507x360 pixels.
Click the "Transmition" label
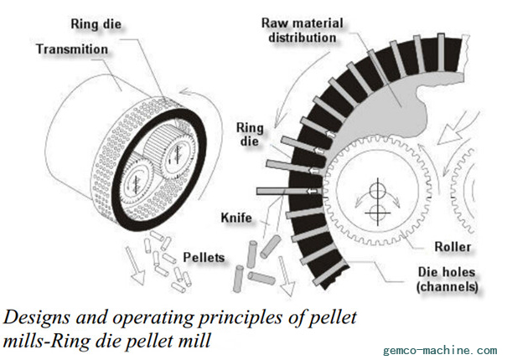[x=71, y=49]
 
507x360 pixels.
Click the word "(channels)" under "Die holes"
[x=448, y=286]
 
